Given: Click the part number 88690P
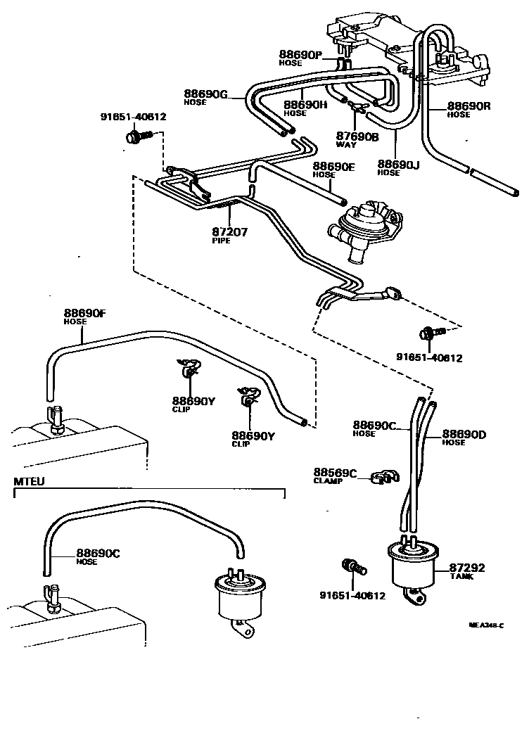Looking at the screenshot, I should [x=300, y=55].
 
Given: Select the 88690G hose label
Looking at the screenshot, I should [x=206, y=94].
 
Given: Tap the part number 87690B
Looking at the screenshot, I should [x=357, y=136].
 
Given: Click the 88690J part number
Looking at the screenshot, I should [x=399, y=164].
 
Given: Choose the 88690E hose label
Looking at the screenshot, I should [x=333, y=167].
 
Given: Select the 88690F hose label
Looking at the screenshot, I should [x=85, y=313].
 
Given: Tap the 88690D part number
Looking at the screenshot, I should [x=464, y=434].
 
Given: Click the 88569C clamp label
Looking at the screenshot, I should [x=335, y=473].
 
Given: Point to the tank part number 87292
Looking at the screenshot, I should [x=467, y=567].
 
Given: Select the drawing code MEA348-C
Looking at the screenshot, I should [x=486, y=625].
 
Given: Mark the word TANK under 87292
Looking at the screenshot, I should [x=461, y=577].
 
